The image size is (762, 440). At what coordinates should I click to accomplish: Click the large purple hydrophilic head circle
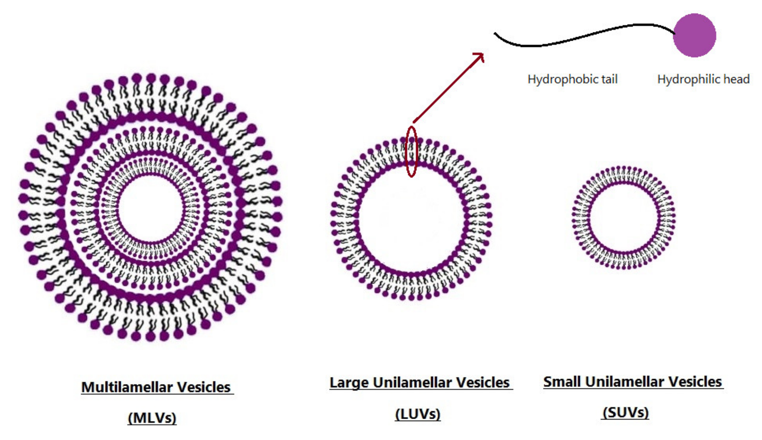(x=694, y=35)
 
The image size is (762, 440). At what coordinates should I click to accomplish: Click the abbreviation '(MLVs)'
(x=152, y=418)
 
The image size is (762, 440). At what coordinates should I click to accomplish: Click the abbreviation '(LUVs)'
(x=418, y=414)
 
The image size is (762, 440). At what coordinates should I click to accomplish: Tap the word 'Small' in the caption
(x=562, y=382)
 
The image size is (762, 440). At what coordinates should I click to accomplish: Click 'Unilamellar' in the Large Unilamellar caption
(x=412, y=383)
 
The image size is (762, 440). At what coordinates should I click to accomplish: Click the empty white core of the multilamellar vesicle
(x=151, y=208)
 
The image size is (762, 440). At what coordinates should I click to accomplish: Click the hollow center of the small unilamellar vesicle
(x=624, y=218)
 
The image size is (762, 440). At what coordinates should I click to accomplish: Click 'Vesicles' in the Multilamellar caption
(x=203, y=387)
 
